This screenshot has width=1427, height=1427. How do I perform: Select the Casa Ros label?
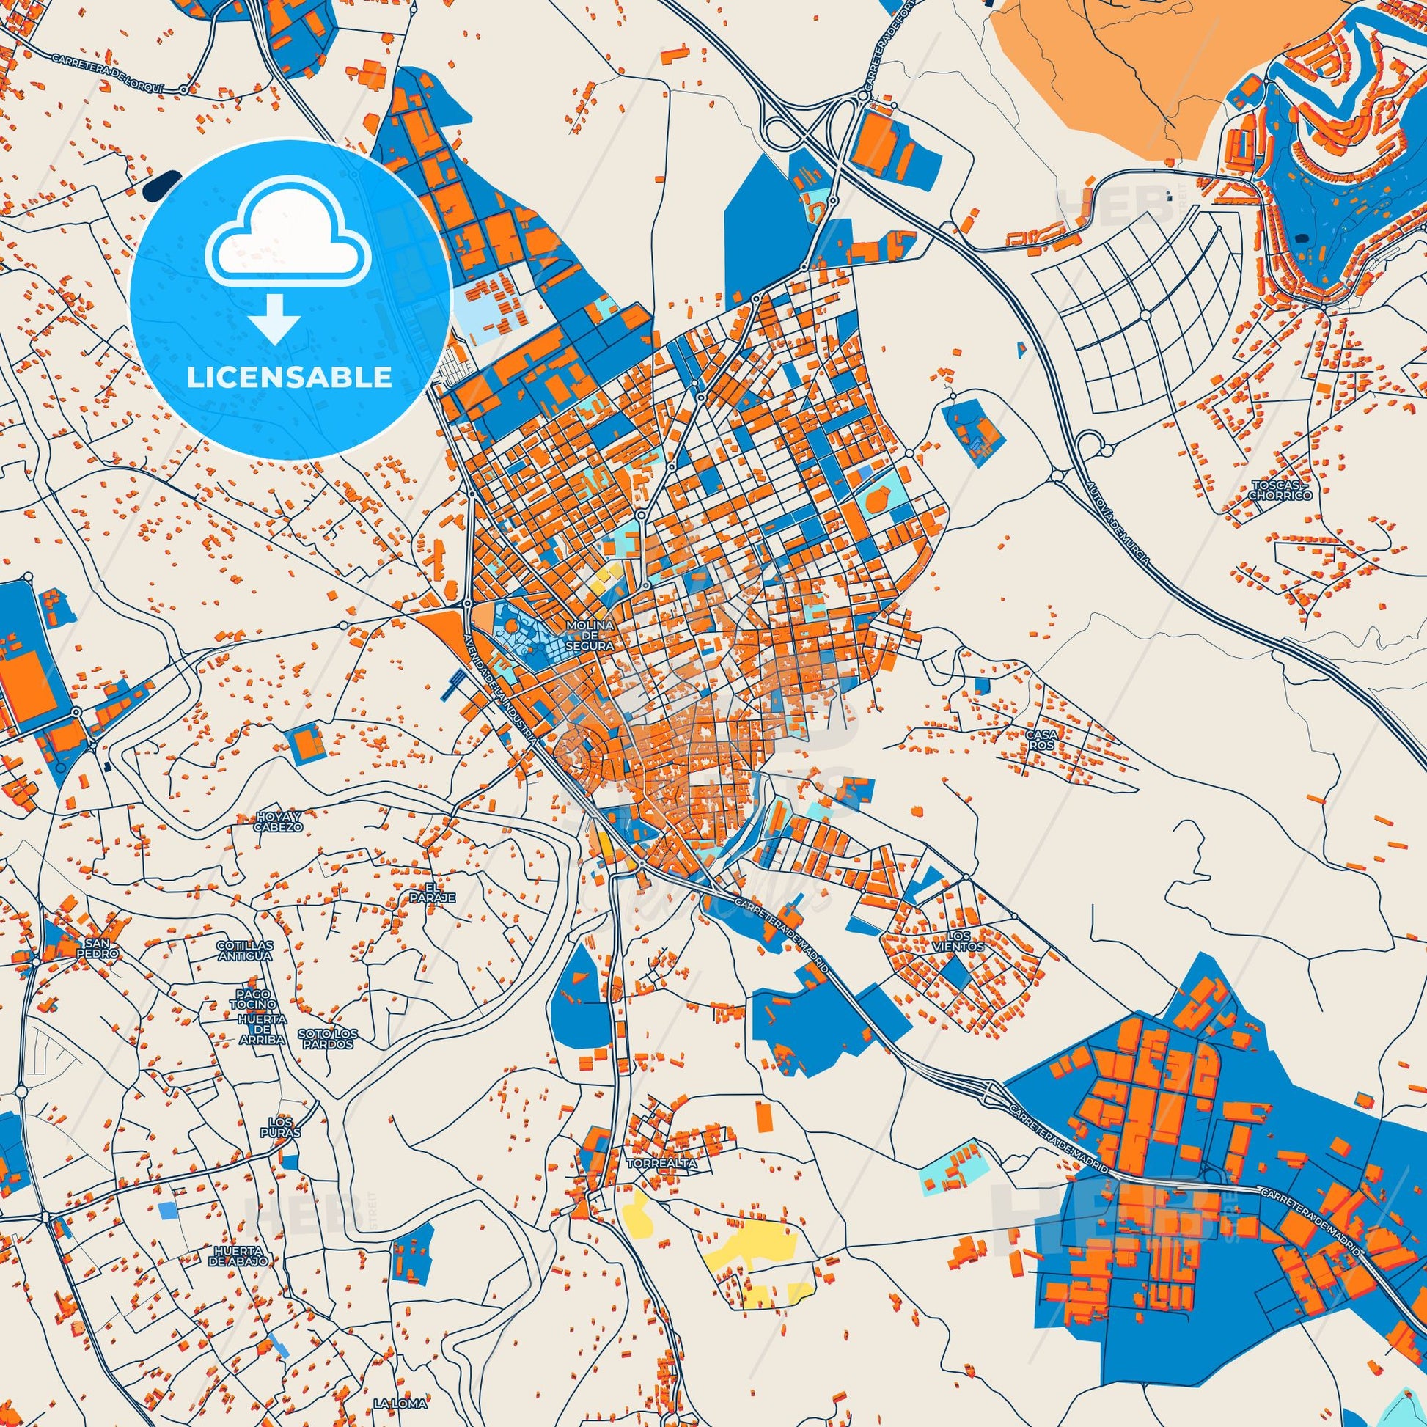(1040, 740)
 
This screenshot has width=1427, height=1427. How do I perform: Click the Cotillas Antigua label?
(244, 950)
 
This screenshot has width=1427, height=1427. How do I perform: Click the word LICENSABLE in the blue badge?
(290, 378)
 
